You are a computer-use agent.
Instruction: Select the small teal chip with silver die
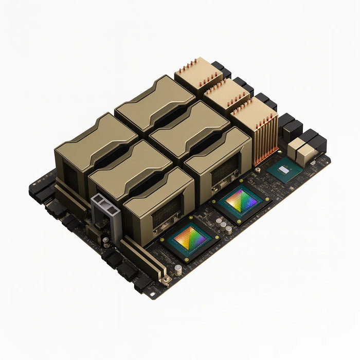(x=284, y=172)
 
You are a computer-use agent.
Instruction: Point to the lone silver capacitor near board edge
(x=177, y=269)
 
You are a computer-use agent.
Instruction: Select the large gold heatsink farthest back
(x=154, y=100)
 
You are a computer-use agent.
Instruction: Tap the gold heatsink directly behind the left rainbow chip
(x=159, y=206)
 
